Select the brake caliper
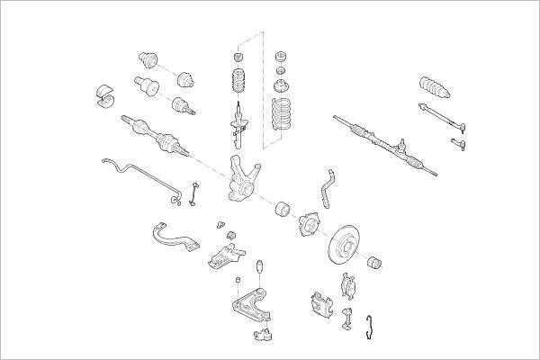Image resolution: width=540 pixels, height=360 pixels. pyautogui.click(x=320, y=305)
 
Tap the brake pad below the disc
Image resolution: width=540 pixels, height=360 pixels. pyautogui.click(x=349, y=286)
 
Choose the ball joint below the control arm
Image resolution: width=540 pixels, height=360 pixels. pyautogui.click(x=263, y=336)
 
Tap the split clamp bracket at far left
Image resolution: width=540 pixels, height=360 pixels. pyautogui.click(x=106, y=96)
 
